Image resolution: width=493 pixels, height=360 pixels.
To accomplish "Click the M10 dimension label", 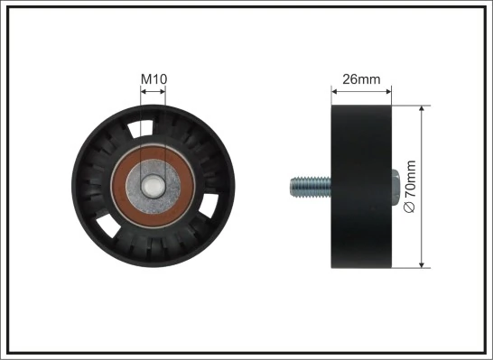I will (153, 79).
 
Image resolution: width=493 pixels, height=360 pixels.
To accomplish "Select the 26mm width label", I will (363, 79).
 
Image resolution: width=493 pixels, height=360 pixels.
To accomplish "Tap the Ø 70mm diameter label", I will (411, 187).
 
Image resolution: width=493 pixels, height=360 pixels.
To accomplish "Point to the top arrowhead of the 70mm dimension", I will (423, 109).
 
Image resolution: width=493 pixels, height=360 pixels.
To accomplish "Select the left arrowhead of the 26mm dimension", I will (336, 90).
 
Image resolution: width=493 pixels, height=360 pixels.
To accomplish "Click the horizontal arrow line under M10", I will (153, 90).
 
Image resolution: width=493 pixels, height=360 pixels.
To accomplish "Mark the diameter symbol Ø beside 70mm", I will (411, 208).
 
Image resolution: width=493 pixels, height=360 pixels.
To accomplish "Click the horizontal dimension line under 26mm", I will (362, 90).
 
